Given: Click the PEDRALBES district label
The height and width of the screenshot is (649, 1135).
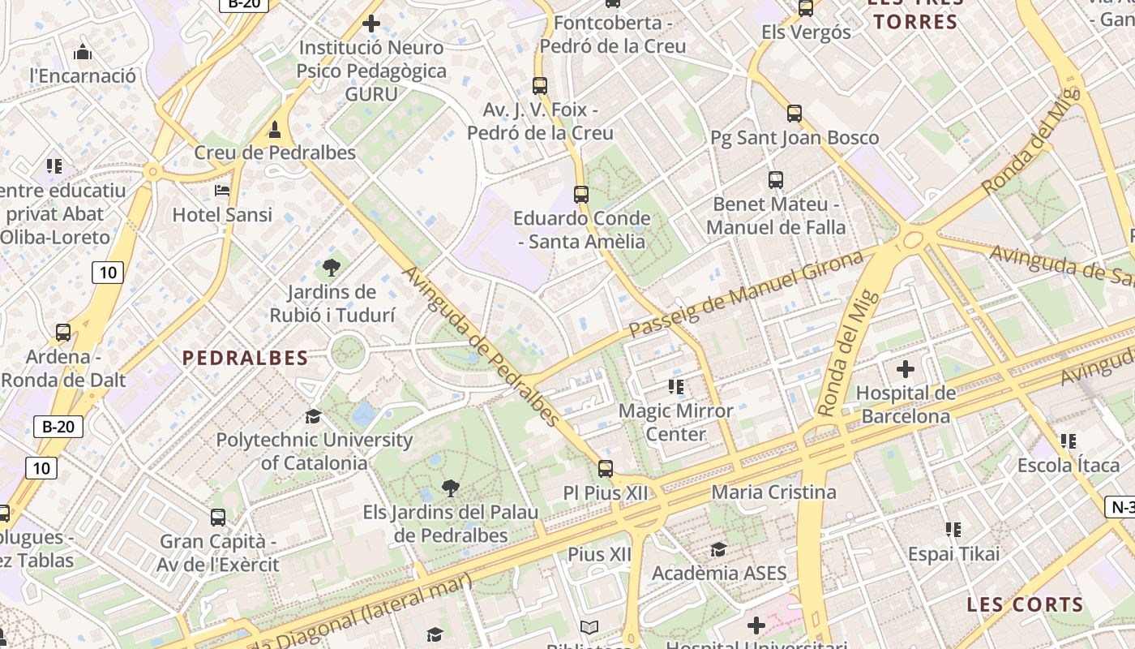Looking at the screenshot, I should click(x=245, y=358).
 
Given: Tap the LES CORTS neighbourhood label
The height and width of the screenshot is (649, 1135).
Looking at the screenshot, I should click(x=1025, y=604).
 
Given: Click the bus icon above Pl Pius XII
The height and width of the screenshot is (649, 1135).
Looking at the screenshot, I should click(x=606, y=468).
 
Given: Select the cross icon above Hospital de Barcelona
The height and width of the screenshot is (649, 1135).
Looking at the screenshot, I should click(x=906, y=370).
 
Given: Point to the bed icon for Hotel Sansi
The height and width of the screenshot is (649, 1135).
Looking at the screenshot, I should click(x=222, y=191).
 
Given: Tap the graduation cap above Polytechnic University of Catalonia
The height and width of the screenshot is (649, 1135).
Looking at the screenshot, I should click(x=313, y=416).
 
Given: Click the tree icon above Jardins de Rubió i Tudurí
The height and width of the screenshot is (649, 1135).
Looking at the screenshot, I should click(x=331, y=268).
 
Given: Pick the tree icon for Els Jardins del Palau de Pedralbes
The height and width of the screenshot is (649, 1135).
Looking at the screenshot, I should click(x=450, y=488).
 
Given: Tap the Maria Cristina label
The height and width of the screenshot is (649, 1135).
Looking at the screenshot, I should click(x=773, y=492).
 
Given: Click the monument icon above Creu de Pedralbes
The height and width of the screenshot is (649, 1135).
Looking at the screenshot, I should click(x=275, y=129).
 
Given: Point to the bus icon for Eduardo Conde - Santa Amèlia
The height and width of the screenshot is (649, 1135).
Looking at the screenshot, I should click(x=581, y=194).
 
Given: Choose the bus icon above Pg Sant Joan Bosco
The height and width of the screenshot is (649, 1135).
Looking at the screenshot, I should click(x=794, y=114).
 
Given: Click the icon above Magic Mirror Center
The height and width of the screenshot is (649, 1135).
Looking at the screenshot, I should click(x=676, y=387).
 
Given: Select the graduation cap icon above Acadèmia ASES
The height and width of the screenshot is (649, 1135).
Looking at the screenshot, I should click(x=718, y=550).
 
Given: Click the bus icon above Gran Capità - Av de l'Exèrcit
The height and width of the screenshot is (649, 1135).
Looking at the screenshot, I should click(x=218, y=517).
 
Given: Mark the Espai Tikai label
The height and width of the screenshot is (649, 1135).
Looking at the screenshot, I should click(x=953, y=554).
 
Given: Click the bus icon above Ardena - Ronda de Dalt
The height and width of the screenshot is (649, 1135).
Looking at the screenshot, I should click(x=63, y=333).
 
